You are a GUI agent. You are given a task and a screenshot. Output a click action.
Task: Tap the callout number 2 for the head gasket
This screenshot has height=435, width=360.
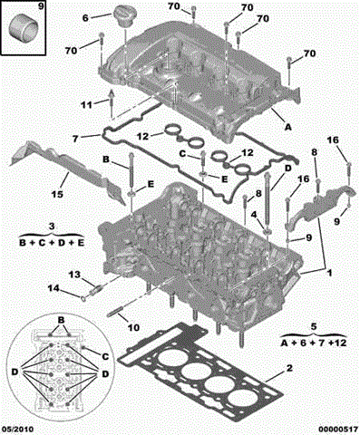[289, 368]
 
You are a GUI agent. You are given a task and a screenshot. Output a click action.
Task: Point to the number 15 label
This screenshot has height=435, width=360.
[57, 194]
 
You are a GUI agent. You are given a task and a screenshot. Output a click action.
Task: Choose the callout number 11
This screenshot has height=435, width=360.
[86, 105]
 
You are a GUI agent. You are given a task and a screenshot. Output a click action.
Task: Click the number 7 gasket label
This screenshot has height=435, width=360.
[75, 139]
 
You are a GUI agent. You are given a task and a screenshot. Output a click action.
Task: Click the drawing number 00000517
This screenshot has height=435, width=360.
[337, 429]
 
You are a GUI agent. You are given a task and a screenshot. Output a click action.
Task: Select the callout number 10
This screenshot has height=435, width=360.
[133, 327]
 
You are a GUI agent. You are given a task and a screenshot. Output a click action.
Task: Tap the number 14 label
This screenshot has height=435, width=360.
[54, 288]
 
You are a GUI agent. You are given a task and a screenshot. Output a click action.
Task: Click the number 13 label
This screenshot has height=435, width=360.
[74, 275]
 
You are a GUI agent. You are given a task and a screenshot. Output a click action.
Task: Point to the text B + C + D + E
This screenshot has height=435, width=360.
[52, 243]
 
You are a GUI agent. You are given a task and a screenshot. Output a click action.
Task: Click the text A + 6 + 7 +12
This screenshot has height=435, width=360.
[314, 343]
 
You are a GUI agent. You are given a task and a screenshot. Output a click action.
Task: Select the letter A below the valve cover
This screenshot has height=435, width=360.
[288, 127]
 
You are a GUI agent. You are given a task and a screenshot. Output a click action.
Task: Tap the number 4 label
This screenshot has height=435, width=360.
[254, 215]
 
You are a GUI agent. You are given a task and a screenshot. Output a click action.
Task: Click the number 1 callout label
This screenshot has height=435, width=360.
[330, 273]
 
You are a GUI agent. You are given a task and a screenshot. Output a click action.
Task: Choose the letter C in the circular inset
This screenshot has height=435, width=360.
[105, 357]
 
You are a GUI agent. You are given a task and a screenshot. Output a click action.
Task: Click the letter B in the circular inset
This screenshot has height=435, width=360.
[61, 320]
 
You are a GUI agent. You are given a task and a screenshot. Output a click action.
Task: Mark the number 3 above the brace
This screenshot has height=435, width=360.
[52, 227]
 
